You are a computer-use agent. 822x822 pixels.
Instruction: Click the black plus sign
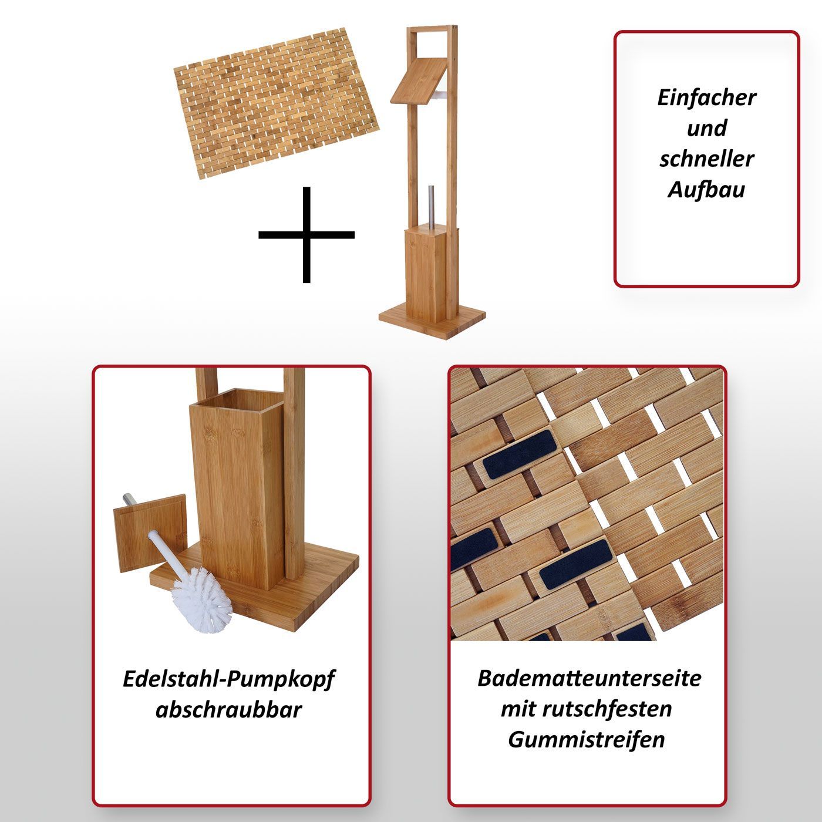(306, 235)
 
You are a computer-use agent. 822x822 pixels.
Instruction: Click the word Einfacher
(706, 97)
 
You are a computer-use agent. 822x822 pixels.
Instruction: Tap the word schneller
(706, 159)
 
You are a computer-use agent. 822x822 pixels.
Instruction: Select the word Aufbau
(706, 190)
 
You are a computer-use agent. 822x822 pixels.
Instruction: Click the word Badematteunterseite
(589, 678)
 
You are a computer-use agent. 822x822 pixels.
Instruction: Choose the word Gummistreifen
(586, 739)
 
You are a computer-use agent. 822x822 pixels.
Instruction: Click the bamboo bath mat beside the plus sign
(277, 103)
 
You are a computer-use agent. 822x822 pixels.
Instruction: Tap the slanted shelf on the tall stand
(419, 80)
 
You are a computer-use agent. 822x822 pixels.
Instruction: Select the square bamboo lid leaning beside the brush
(150, 533)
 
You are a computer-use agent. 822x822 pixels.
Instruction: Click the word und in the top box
(706, 129)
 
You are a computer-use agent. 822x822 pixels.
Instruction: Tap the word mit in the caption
(517, 709)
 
